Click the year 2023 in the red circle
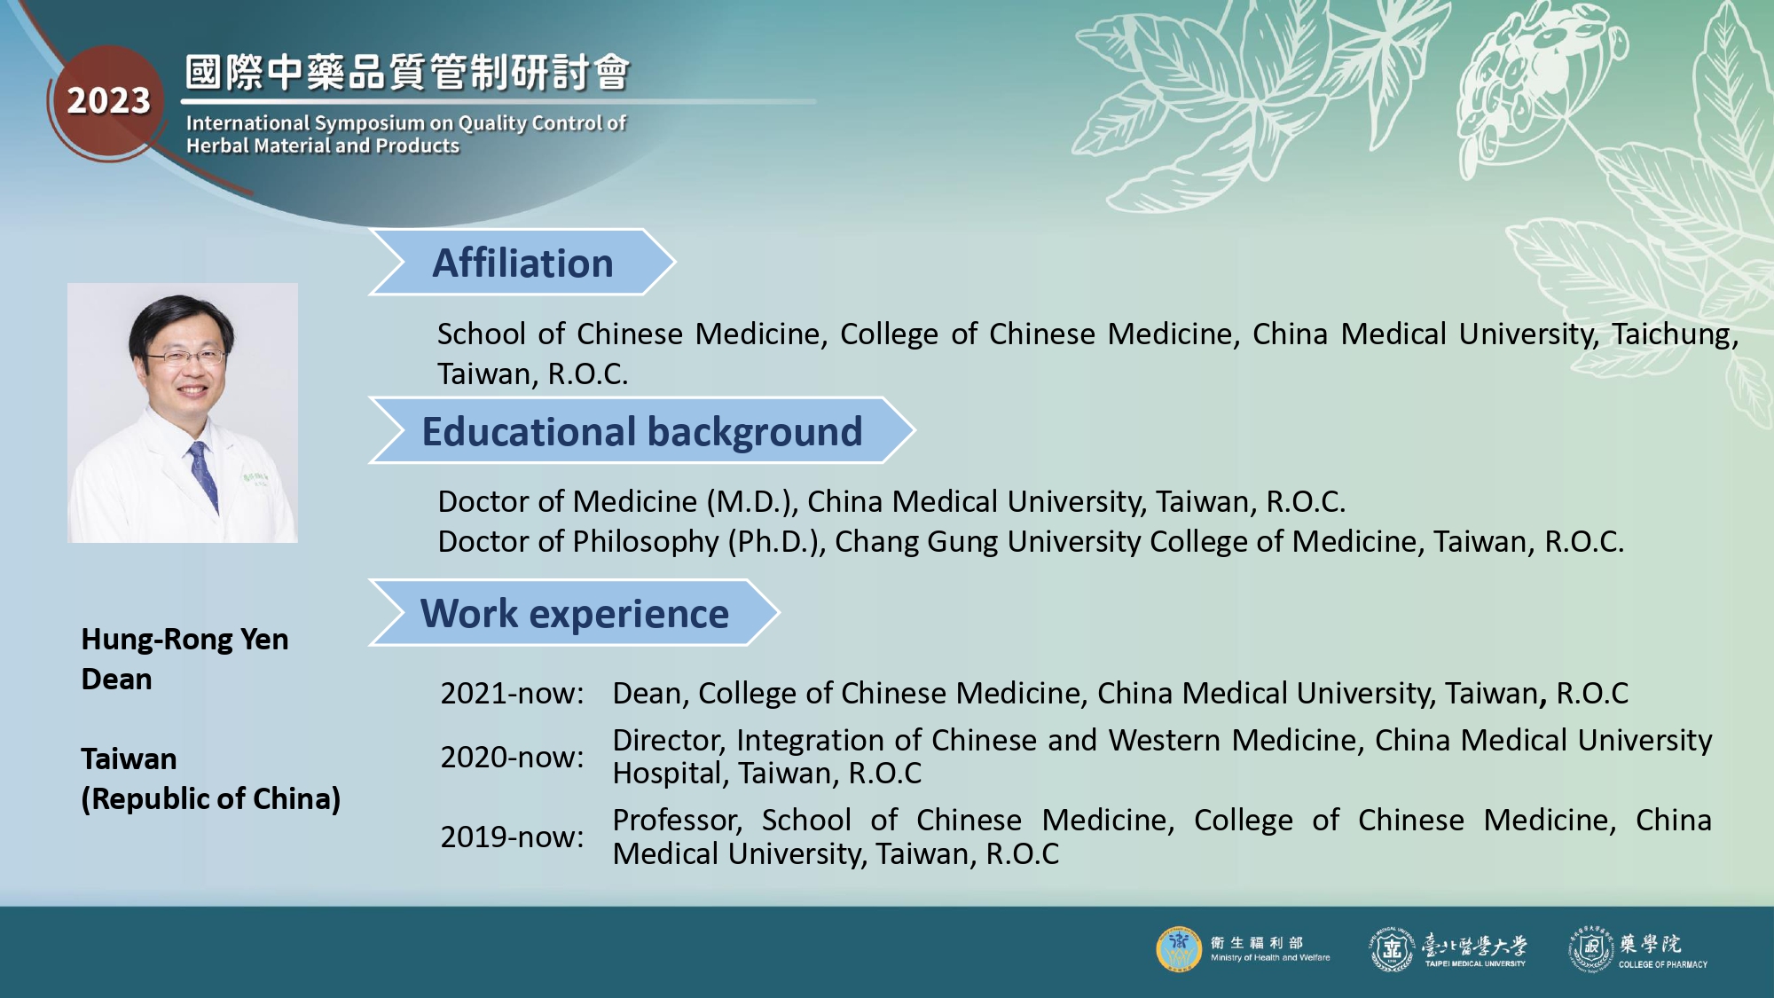(x=109, y=101)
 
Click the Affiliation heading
(x=522, y=263)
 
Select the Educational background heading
(x=642, y=432)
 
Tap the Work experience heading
(x=575, y=614)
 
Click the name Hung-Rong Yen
(x=184, y=640)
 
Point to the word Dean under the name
(x=116, y=680)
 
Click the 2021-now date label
(x=512, y=694)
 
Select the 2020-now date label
(x=512, y=758)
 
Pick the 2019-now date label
(x=512, y=837)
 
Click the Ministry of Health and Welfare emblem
(x=1179, y=949)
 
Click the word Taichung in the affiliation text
(x=1675, y=335)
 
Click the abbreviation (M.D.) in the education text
(x=752, y=502)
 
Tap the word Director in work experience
(x=670, y=741)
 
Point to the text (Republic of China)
(x=211, y=799)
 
